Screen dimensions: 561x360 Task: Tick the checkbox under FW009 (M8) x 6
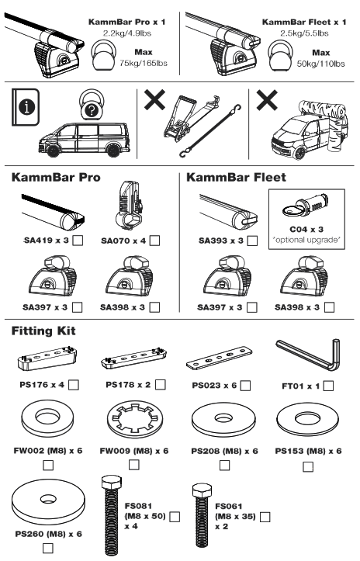[x=135, y=464]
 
